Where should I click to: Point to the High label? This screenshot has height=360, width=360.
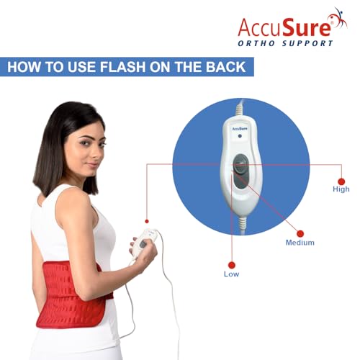pos(341,189)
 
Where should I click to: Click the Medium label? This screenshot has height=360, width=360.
pos(300,243)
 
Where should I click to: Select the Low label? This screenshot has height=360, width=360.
pos(232,274)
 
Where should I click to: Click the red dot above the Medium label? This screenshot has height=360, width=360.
pos(300,233)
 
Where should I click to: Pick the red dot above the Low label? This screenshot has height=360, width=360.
pos(232,264)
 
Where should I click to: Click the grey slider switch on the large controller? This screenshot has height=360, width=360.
pos(239,175)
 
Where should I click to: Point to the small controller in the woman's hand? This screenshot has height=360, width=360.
pos(145,241)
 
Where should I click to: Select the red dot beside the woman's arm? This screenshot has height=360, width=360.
pos(146,220)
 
